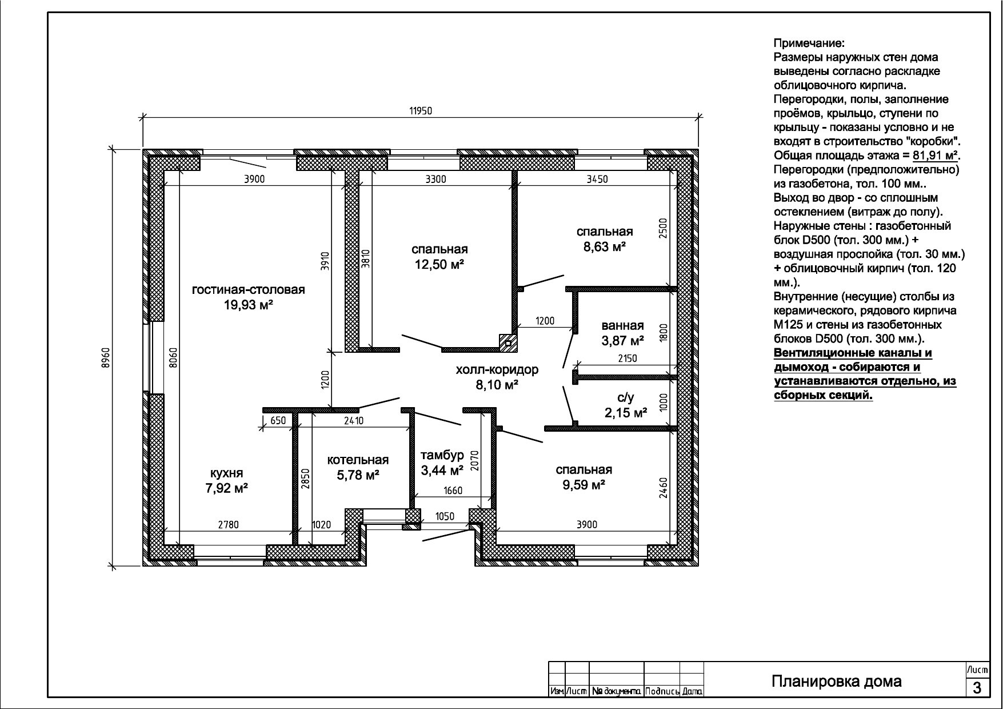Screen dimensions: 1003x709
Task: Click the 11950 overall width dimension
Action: (x=420, y=111)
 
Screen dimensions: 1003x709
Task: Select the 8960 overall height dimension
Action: (x=105, y=358)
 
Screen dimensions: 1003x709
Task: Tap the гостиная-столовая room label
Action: (x=249, y=289)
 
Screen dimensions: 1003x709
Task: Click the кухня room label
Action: (x=227, y=473)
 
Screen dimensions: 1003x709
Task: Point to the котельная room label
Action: (x=358, y=460)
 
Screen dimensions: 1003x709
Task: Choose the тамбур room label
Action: (x=442, y=456)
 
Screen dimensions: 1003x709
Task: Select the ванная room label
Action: (x=623, y=326)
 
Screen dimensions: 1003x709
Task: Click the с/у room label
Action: (x=626, y=397)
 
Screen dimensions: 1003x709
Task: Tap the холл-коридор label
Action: (x=497, y=370)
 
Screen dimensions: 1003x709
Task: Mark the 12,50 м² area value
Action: (x=439, y=264)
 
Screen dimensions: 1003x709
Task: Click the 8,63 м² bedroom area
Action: (x=605, y=246)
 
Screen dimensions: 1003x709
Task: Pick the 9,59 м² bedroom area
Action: (x=584, y=485)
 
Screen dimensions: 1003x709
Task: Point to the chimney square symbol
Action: (x=508, y=343)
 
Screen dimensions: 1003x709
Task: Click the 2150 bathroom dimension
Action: (x=627, y=359)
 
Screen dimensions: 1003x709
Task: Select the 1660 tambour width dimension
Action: (x=453, y=491)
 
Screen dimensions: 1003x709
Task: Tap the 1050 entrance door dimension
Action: (x=445, y=517)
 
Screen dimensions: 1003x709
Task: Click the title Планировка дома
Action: (x=837, y=681)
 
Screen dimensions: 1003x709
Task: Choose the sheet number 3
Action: (x=977, y=688)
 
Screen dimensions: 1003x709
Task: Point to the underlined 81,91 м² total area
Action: (x=936, y=156)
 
